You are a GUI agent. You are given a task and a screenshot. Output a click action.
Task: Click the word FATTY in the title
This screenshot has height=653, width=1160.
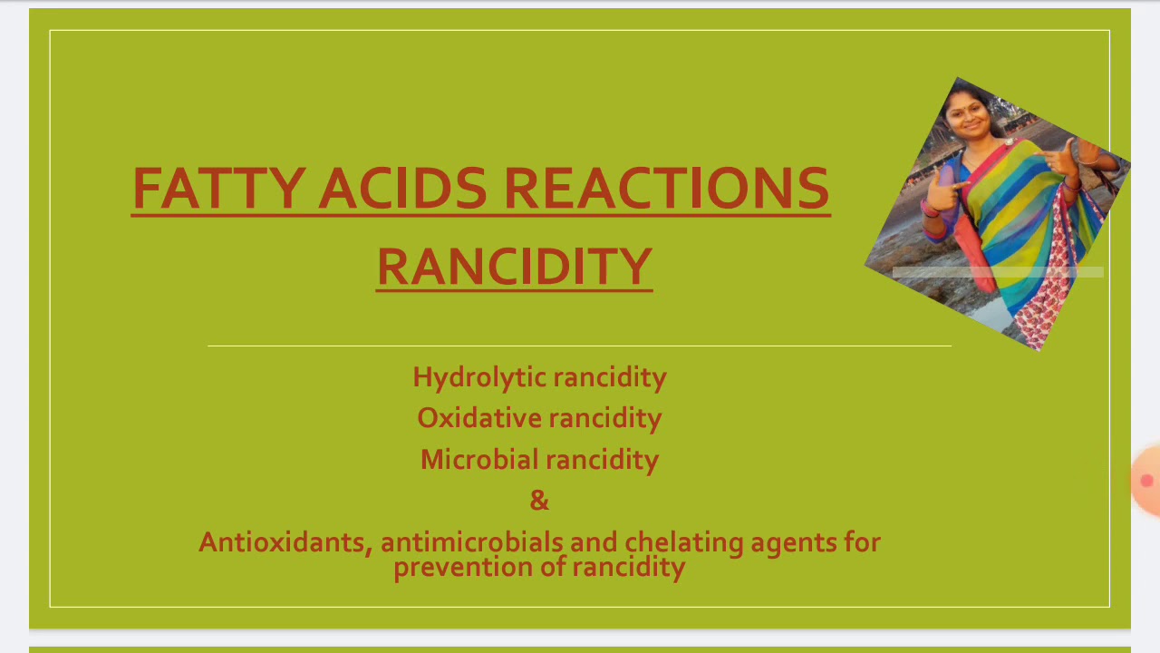[x=217, y=189]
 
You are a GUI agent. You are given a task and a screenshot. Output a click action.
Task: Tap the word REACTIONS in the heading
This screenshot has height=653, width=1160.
[x=666, y=189]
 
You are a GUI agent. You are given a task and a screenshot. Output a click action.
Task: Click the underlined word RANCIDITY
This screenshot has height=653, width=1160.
[x=514, y=267]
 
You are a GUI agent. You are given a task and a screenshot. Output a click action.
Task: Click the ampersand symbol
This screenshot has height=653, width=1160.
[x=539, y=501]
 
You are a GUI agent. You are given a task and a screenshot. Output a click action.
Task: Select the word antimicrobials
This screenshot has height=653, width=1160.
[x=471, y=542]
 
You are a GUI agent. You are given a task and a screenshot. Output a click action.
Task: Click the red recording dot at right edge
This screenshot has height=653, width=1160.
[x=1146, y=481]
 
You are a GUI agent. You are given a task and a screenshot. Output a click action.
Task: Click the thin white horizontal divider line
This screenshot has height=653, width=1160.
[x=579, y=346]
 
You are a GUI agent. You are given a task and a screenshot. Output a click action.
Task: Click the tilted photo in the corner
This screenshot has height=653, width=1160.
[x=998, y=213]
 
